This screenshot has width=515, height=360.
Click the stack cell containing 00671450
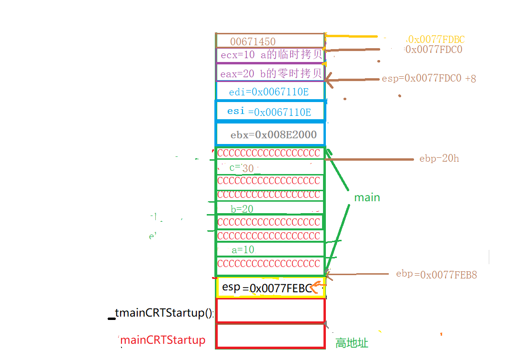[270, 41]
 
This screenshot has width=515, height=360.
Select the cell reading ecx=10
[270, 55]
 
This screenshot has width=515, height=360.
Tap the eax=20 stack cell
[270, 73]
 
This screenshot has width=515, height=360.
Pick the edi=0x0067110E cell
[270, 92]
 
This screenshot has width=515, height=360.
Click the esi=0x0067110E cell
[270, 112]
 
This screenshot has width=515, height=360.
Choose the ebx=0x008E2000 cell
[271, 135]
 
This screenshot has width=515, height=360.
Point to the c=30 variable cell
[270, 167]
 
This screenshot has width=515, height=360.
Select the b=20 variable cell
[270, 208]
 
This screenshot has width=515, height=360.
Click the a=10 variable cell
[270, 249]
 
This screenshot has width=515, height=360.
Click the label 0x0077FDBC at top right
[436, 40]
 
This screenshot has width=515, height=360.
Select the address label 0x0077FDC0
[434, 50]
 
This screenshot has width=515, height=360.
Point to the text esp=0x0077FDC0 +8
[429, 79]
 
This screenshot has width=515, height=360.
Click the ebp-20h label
[439, 158]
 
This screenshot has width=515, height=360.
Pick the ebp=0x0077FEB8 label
[436, 275]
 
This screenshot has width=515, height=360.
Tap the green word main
[367, 197]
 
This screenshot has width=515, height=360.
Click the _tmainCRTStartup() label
[164, 313]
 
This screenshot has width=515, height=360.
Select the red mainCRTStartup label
[163, 340]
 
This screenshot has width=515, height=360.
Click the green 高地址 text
[352, 343]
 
